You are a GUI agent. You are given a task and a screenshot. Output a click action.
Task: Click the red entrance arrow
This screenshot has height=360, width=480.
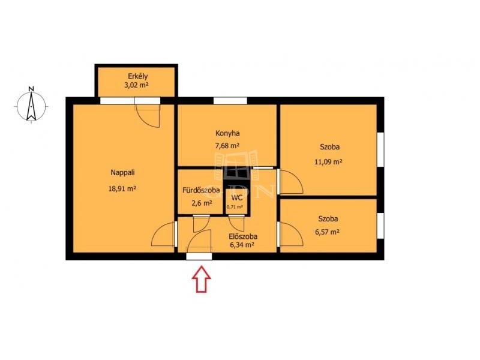(202, 279)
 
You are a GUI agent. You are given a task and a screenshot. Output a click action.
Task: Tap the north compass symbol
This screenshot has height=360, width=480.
(31, 105)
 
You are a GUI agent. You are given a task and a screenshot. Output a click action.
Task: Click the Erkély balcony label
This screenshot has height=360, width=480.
(138, 76)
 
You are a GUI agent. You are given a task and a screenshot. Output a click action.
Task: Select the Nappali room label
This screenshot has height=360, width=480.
(122, 173)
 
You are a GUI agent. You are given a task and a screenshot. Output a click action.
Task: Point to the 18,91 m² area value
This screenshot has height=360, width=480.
(122, 188)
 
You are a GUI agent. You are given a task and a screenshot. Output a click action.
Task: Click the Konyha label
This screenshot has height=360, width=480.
(227, 133)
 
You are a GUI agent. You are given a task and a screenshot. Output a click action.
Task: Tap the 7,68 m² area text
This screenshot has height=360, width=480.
(227, 146)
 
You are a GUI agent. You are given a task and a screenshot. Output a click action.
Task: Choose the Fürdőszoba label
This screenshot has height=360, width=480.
(201, 190)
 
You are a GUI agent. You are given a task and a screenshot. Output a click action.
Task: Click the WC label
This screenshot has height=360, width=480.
(237, 198)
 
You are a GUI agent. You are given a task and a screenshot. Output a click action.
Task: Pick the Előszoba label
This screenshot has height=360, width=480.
(243, 236)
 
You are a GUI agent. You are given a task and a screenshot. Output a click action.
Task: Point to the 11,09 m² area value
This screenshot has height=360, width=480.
(328, 161)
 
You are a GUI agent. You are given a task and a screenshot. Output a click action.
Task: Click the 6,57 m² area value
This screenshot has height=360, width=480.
(327, 232)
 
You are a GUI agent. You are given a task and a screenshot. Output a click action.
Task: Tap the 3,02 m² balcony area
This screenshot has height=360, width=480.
(136, 85)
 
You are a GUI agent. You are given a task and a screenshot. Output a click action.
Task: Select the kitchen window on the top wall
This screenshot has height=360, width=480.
(230, 100)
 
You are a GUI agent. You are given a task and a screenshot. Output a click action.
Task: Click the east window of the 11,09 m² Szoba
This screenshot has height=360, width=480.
(380, 149)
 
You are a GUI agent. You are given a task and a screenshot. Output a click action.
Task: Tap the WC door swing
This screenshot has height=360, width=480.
(237, 223)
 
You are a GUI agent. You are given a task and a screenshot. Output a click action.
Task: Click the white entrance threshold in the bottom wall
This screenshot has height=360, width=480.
(199, 257)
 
